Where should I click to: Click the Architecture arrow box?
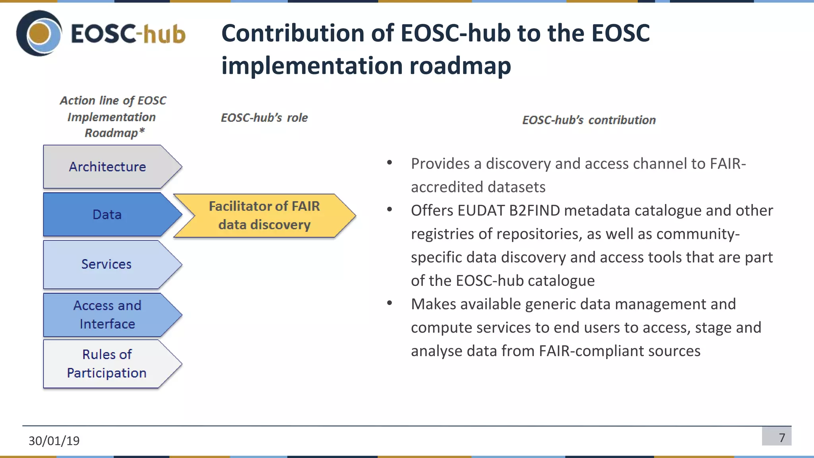point(107,167)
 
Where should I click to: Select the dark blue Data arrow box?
point(107,215)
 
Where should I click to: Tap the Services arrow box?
point(107,264)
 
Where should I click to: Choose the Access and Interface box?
point(107,315)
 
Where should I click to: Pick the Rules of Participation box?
point(107,364)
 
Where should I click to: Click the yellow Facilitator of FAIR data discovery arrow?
point(264,215)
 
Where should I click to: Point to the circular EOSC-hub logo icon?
point(39,33)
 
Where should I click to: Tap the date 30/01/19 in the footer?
point(54,441)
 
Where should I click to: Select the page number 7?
point(782,438)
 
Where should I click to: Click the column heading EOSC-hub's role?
point(264,118)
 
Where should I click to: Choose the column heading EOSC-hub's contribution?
point(589,120)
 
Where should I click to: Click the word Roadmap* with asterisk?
point(114,133)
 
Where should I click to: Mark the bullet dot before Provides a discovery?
point(390,163)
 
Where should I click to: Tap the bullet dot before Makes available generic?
point(390,303)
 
